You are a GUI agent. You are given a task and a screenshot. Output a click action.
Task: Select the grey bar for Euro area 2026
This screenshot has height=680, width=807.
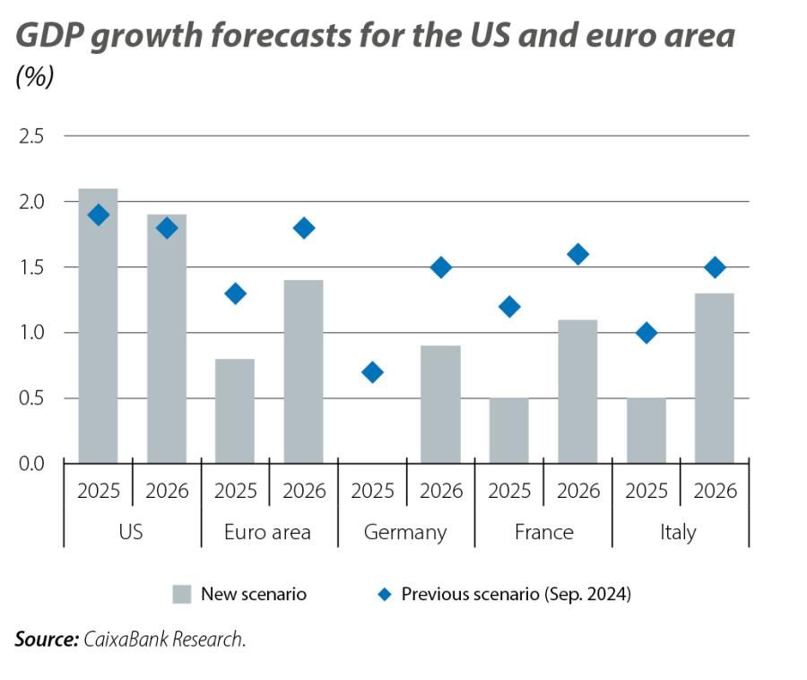[x=303, y=371]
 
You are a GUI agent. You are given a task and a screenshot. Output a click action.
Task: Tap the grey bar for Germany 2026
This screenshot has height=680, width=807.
[x=440, y=404]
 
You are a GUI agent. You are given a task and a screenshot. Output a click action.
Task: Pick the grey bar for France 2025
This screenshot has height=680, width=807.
[x=509, y=431]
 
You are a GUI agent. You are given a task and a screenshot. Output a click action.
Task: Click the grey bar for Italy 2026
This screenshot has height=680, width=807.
[x=715, y=378]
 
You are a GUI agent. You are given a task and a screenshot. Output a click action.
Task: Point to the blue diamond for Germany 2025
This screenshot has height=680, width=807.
[x=372, y=371]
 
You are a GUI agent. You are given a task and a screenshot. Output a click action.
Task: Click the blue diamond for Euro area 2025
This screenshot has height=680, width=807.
[x=235, y=293]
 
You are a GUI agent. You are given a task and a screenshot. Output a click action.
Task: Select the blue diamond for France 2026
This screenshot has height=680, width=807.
[x=577, y=255]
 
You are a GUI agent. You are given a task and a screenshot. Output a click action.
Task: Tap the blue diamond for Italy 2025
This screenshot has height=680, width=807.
[x=646, y=333]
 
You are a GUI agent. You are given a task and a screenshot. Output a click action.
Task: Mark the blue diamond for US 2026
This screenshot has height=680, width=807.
[x=167, y=228]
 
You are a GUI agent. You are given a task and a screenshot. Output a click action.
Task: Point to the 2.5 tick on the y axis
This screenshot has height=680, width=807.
[x=30, y=136]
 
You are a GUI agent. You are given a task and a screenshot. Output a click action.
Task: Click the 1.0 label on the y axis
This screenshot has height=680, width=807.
[x=30, y=333]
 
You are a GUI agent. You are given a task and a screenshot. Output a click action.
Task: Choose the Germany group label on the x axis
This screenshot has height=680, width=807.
[x=405, y=532]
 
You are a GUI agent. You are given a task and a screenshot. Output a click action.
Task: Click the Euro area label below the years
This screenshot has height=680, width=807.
[x=267, y=532]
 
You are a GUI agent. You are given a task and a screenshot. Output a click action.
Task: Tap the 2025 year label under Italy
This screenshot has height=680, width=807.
[x=646, y=491]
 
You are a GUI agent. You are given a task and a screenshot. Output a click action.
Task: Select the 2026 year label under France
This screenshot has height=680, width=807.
[x=577, y=491]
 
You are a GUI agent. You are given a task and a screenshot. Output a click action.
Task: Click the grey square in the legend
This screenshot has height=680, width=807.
[x=182, y=594]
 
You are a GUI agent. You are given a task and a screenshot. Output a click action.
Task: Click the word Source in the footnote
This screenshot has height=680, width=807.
[x=46, y=640]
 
